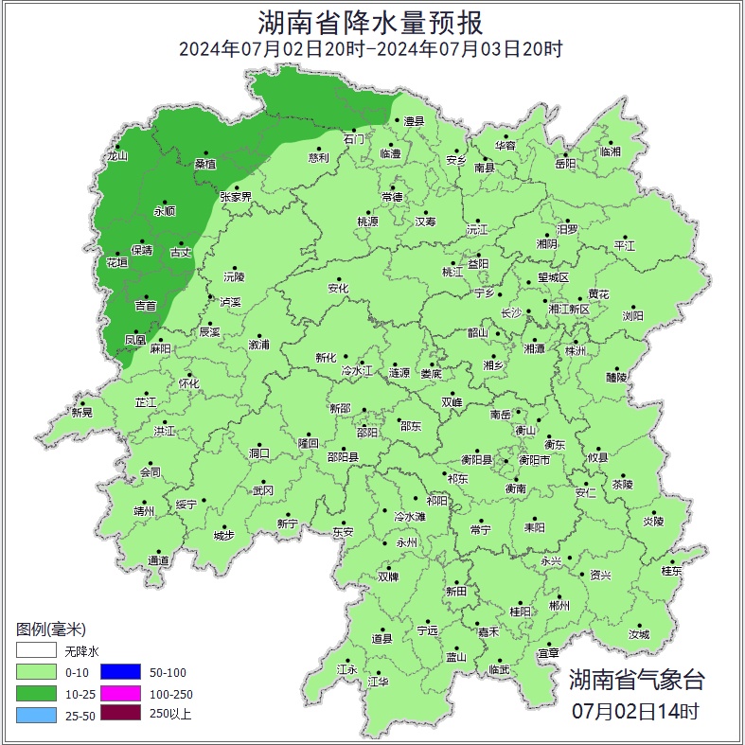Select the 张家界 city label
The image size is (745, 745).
(x=236, y=197)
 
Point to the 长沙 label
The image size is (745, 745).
(x=511, y=312)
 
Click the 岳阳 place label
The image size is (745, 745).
(x=565, y=164)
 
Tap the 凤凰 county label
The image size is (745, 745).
(x=135, y=339)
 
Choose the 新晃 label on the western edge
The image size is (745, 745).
(x=82, y=412)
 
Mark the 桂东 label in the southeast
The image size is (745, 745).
(x=671, y=571)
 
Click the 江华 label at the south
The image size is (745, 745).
(x=379, y=681)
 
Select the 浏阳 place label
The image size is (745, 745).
(x=632, y=315)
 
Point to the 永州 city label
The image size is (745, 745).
(x=406, y=542)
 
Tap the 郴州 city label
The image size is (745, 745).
(x=559, y=606)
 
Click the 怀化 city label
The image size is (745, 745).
(x=189, y=383)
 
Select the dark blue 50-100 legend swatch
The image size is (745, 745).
(x=120, y=673)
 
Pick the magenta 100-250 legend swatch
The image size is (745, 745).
(x=120, y=694)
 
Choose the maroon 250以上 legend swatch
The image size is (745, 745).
(x=120, y=714)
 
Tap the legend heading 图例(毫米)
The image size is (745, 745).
(x=51, y=630)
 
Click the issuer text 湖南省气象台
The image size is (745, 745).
(x=636, y=680)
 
